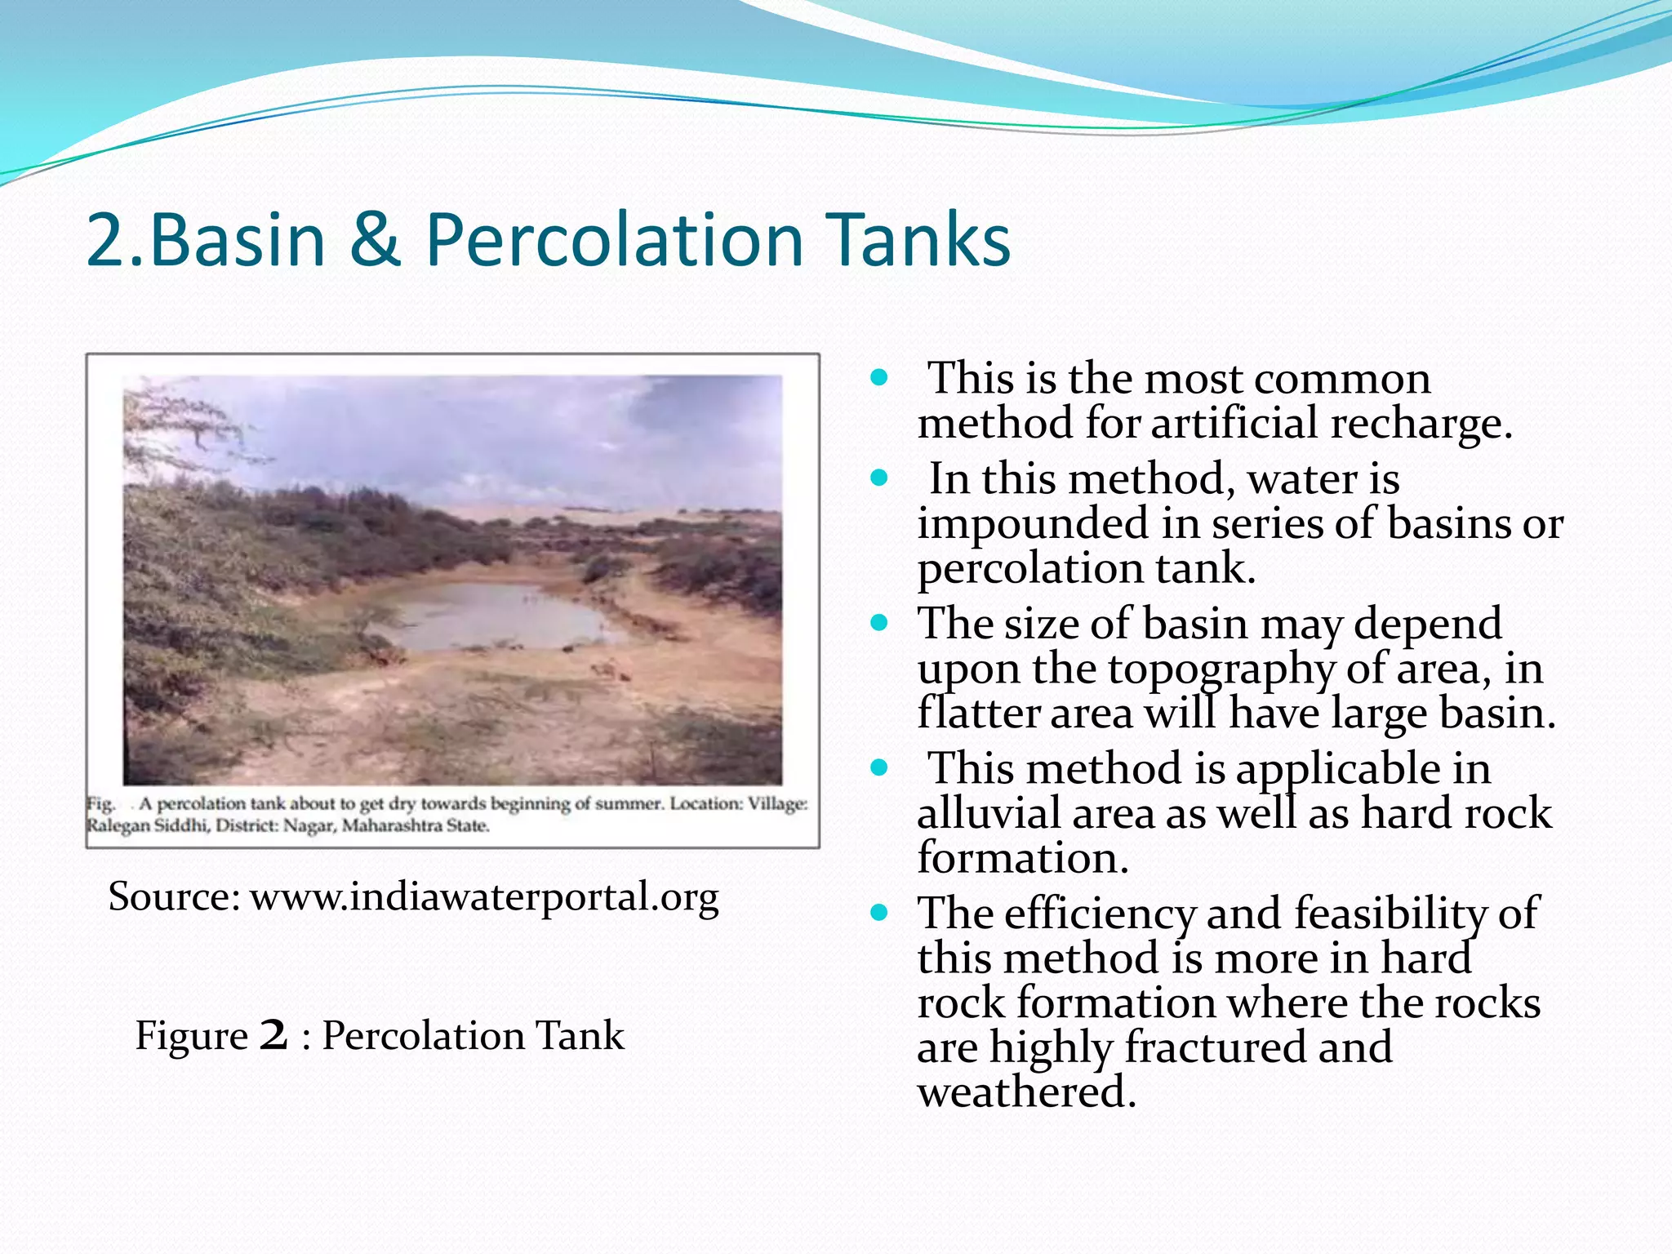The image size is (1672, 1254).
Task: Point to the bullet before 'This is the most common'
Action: tap(878, 378)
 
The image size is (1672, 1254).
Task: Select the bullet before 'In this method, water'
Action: tap(878, 478)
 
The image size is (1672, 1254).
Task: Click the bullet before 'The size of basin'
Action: tap(878, 623)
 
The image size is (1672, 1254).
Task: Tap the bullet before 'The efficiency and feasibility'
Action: tap(878, 913)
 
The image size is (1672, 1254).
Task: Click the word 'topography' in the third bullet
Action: tap(1221, 670)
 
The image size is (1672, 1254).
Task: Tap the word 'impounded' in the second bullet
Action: tap(1032, 524)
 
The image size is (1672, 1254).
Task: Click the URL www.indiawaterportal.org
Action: tap(483, 896)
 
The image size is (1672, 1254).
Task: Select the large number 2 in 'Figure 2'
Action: tap(273, 1035)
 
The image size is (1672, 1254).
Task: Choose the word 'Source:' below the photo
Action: tap(173, 896)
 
